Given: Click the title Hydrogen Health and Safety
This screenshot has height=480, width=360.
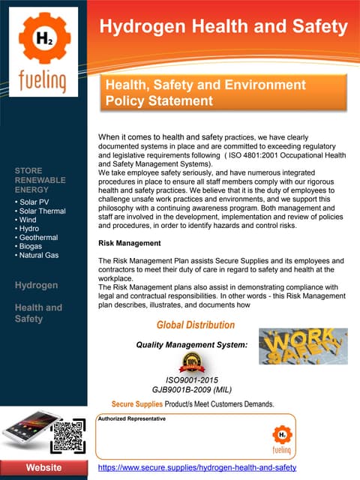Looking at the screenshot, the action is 224,28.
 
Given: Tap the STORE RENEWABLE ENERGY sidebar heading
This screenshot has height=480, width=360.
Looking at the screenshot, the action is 40,181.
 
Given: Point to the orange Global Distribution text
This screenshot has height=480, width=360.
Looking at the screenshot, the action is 195,325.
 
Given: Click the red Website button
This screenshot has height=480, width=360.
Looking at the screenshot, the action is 43,468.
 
